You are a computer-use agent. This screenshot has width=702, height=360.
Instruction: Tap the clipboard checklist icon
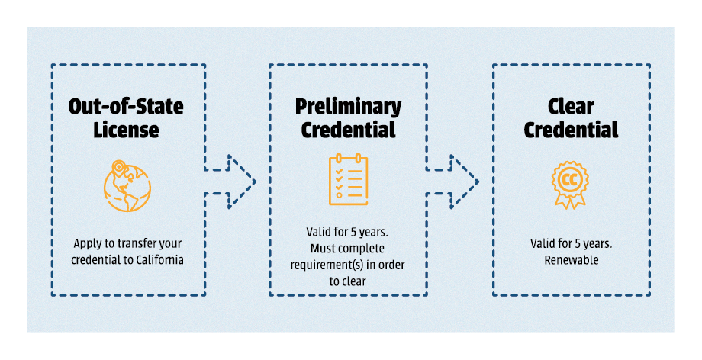(x=348, y=181)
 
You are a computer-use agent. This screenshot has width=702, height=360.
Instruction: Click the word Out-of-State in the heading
(x=127, y=106)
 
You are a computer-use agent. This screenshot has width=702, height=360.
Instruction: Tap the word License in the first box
(x=127, y=130)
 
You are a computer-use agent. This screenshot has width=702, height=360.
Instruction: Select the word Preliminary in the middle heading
(x=348, y=106)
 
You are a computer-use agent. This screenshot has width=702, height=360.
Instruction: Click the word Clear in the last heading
(x=571, y=106)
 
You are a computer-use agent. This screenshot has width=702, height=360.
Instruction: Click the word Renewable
(x=571, y=260)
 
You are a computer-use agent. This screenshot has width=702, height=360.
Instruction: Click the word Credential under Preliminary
(x=348, y=130)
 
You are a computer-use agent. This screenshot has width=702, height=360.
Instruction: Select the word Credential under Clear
(x=571, y=130)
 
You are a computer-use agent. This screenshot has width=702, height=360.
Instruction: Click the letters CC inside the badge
(x=570, y=180)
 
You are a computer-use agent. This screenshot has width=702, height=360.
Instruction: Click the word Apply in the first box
(x=87, y=244)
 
